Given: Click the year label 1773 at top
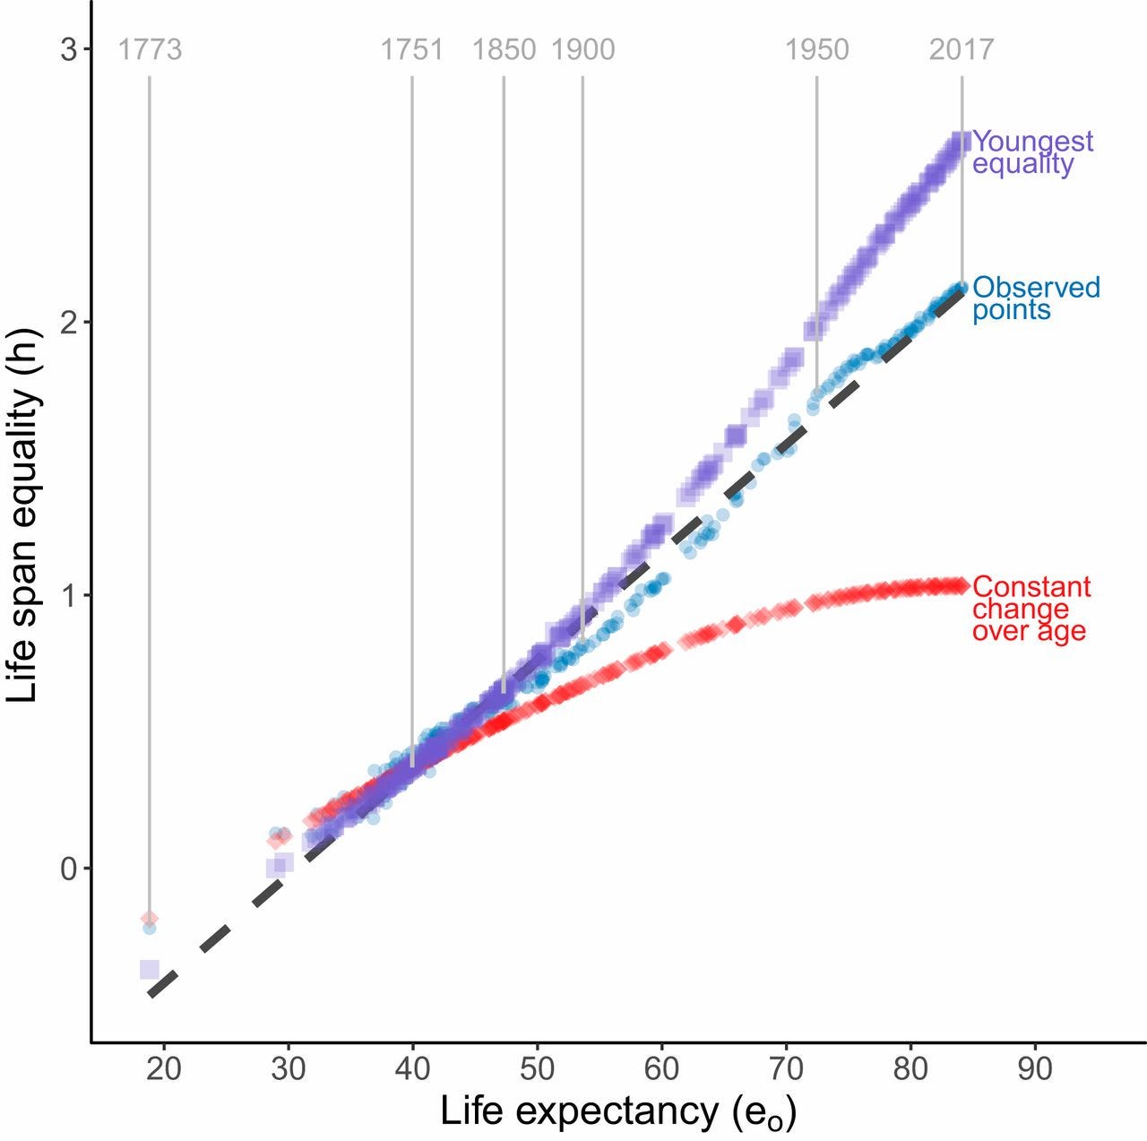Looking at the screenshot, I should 150,49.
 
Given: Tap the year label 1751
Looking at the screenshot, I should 411,49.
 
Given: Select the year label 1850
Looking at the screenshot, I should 504,49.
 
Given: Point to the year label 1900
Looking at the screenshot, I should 582,49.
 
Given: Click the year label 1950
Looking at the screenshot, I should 816,49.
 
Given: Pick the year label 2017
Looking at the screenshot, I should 961,49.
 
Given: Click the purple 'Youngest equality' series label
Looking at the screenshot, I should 1032,152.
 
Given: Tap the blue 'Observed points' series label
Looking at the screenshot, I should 1036,298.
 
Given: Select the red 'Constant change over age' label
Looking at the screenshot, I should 1031,609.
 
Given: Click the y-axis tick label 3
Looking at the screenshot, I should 69,49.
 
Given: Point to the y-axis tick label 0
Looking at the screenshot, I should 69,869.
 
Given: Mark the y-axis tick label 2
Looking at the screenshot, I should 69,323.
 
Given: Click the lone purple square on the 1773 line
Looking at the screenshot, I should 150,969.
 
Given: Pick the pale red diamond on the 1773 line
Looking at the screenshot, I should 150,918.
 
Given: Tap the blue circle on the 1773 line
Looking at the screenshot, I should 150,929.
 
